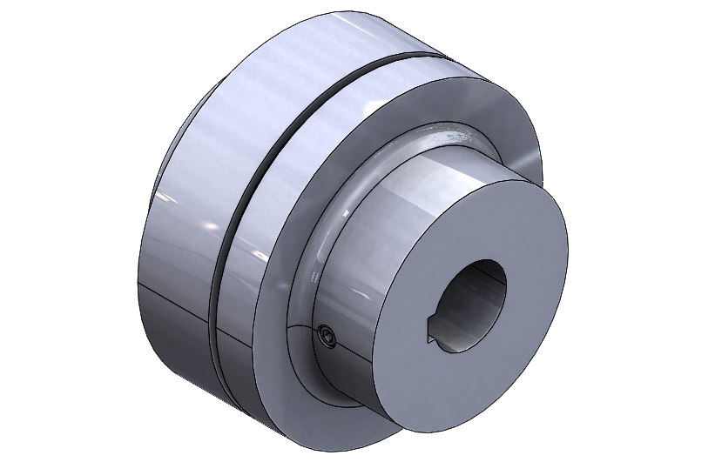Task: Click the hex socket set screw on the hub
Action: [327, 337]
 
